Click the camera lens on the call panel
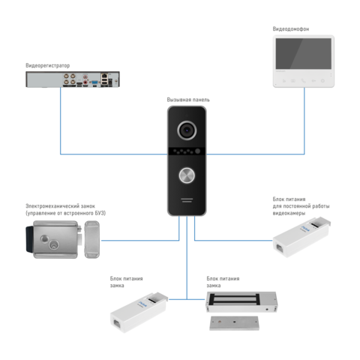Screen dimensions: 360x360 pos(187,130)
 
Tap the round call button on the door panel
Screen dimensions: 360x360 pos(187,175)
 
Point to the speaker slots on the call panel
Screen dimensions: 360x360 pos(187,200)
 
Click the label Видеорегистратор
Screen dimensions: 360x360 pos(48,65)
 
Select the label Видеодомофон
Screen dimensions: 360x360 pos(291,29)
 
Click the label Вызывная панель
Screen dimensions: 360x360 pos(188,100)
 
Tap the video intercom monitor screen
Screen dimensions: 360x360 pos(304,53)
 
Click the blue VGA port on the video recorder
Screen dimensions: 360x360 pos(94,82)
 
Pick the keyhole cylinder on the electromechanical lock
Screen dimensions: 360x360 pos(54,244)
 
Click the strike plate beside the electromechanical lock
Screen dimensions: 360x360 pos(91,239)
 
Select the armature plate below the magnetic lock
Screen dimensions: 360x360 pos(234,323)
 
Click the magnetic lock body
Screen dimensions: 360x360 pos(241,301)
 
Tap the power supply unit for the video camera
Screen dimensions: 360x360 pos(301,237)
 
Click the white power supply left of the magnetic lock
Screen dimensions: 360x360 pos(139,313)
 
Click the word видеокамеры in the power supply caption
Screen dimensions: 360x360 pos(289,213)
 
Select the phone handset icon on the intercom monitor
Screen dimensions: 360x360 pos(303,81)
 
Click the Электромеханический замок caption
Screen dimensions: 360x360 pos(60,206)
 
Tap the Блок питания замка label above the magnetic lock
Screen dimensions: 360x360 pos(223,282)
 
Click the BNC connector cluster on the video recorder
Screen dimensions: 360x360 pos(70,79)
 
